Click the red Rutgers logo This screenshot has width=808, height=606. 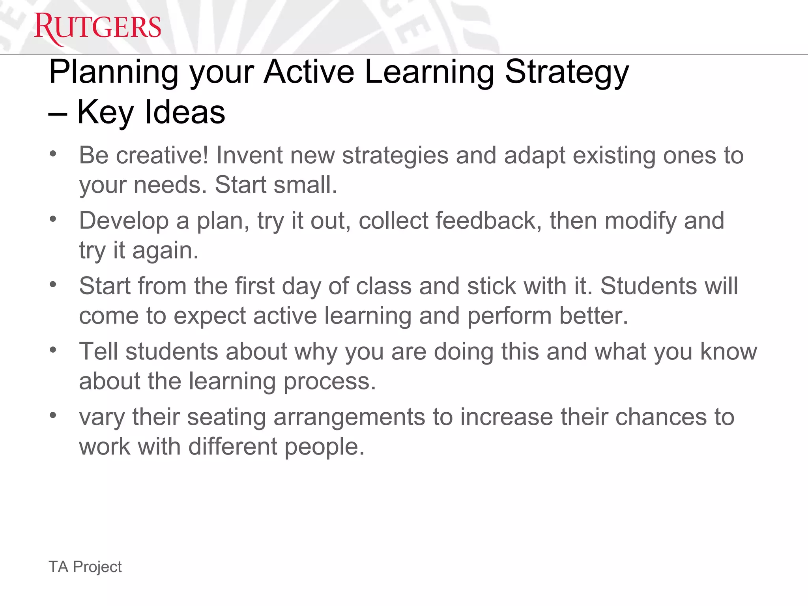[97, 28]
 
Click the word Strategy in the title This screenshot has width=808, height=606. [567, 73]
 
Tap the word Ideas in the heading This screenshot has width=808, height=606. [185, 112]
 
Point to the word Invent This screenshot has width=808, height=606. [249, 155]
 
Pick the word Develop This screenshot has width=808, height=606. [124, 221]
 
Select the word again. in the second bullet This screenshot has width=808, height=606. [165, 251]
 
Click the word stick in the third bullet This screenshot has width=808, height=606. [492, 286]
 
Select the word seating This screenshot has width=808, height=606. [226, 417]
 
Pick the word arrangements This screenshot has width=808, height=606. [349, 417]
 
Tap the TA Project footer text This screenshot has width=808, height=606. [85, 567]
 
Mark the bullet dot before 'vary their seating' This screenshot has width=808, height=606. [53, 415]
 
